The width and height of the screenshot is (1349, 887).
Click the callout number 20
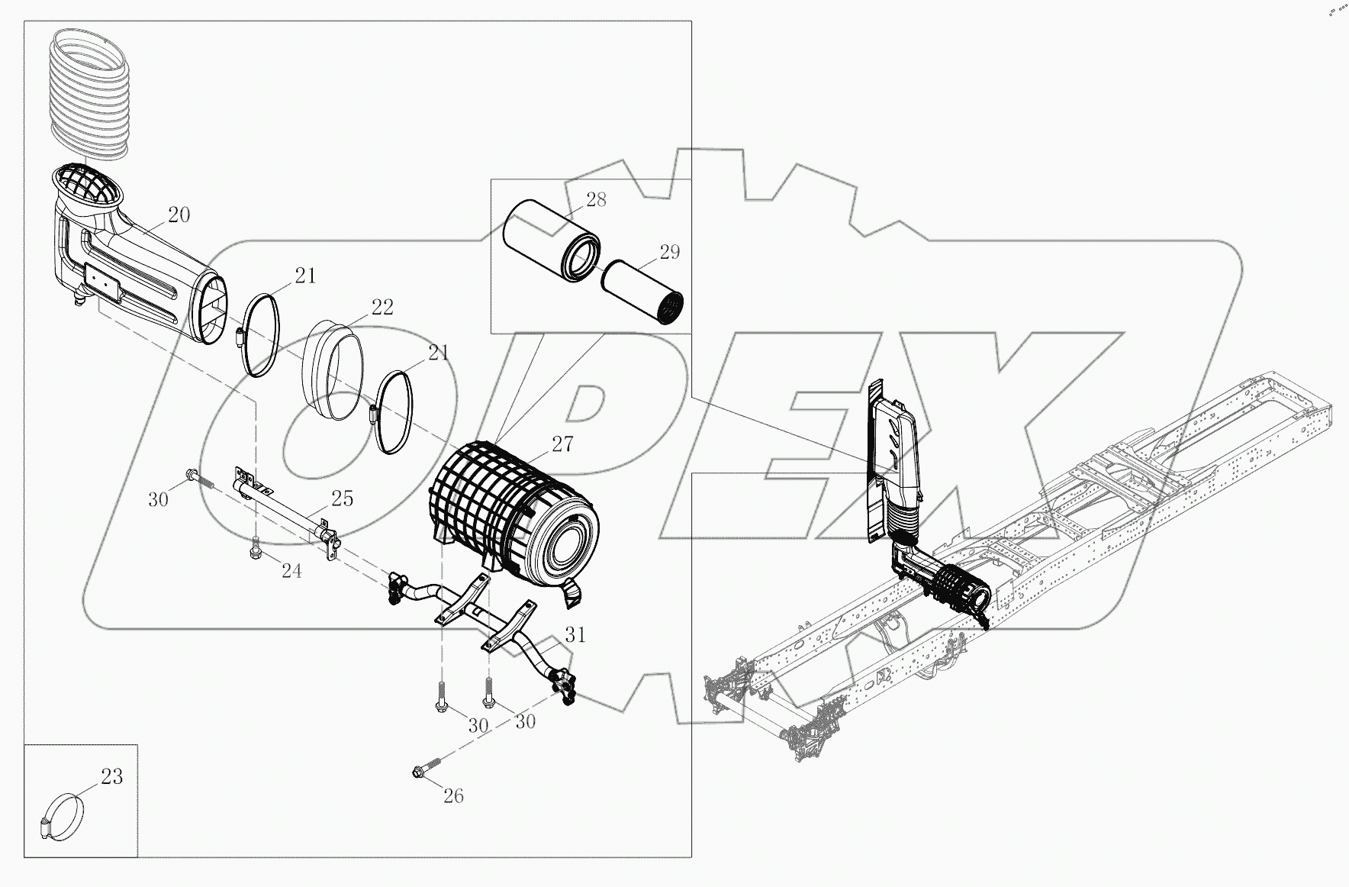point(179,215)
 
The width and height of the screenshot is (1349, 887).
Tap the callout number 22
point(382,307)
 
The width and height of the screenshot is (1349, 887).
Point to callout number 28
point(596,200)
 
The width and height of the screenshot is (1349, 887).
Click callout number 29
point(669,252)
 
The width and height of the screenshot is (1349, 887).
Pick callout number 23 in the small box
point(111,778)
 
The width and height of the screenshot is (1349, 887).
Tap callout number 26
point(453,796)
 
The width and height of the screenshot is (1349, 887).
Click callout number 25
point(342,498)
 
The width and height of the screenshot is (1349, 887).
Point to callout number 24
point(291,570)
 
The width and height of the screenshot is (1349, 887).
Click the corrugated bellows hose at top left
point(89,95)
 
